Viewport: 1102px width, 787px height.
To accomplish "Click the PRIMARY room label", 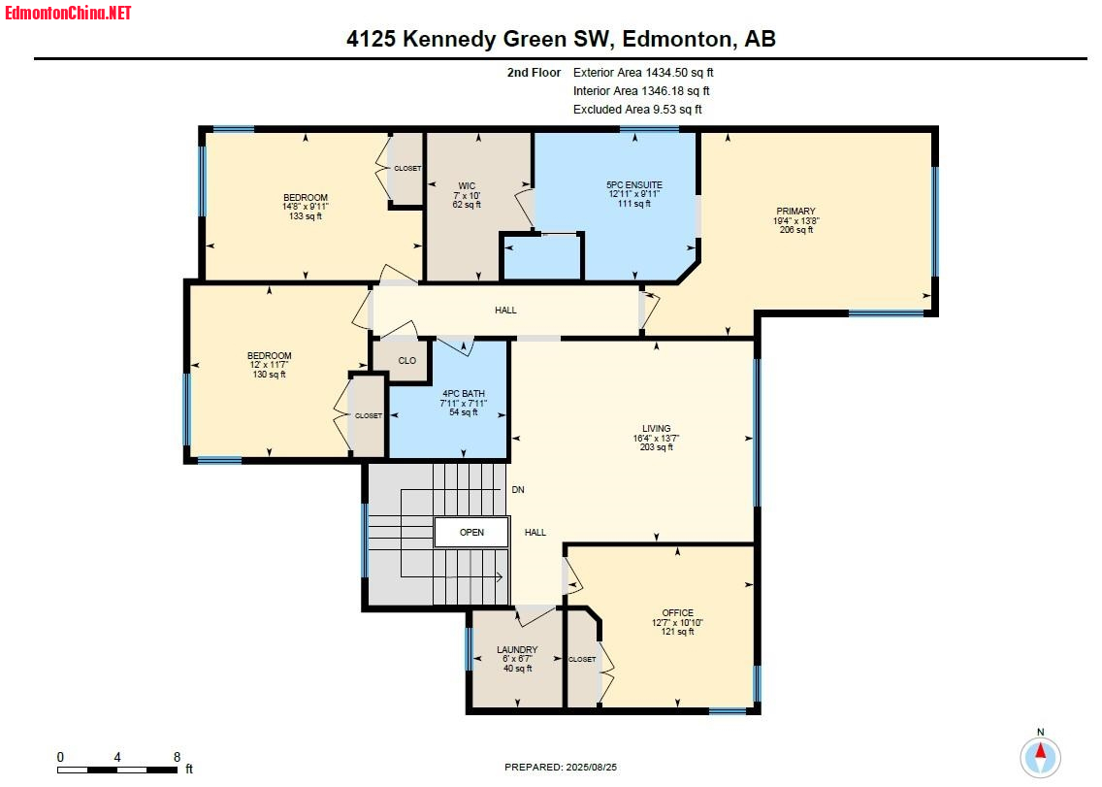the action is pos(795,211).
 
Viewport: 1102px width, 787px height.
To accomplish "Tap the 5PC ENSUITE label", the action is pos(633,185).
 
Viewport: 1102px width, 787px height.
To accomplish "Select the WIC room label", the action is pos(467,186).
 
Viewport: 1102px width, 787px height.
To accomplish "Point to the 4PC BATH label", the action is pos(463,394).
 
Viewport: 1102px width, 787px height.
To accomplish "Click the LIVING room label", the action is pos(657,428).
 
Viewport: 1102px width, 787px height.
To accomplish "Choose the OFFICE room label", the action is pos(677,612).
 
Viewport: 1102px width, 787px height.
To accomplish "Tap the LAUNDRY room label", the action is pos(517,650).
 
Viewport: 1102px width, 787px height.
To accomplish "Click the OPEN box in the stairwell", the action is pos(471,533).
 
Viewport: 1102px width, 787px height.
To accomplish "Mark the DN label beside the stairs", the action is pos(518,489).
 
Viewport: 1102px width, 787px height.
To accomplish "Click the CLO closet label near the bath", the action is pos(406,360).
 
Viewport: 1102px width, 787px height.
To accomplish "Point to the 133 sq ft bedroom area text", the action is pos(305,215).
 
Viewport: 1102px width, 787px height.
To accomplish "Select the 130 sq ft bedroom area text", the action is pos(269,375).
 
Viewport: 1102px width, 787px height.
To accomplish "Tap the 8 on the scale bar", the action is pos(178,757).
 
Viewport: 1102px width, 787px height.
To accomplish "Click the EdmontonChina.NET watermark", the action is pos(68,13).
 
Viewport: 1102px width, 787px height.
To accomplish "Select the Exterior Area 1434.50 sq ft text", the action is pos(643,73).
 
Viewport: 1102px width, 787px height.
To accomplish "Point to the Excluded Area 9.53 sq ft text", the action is pos(637,109).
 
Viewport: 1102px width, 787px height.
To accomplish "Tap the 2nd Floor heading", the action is pos(535,73).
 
